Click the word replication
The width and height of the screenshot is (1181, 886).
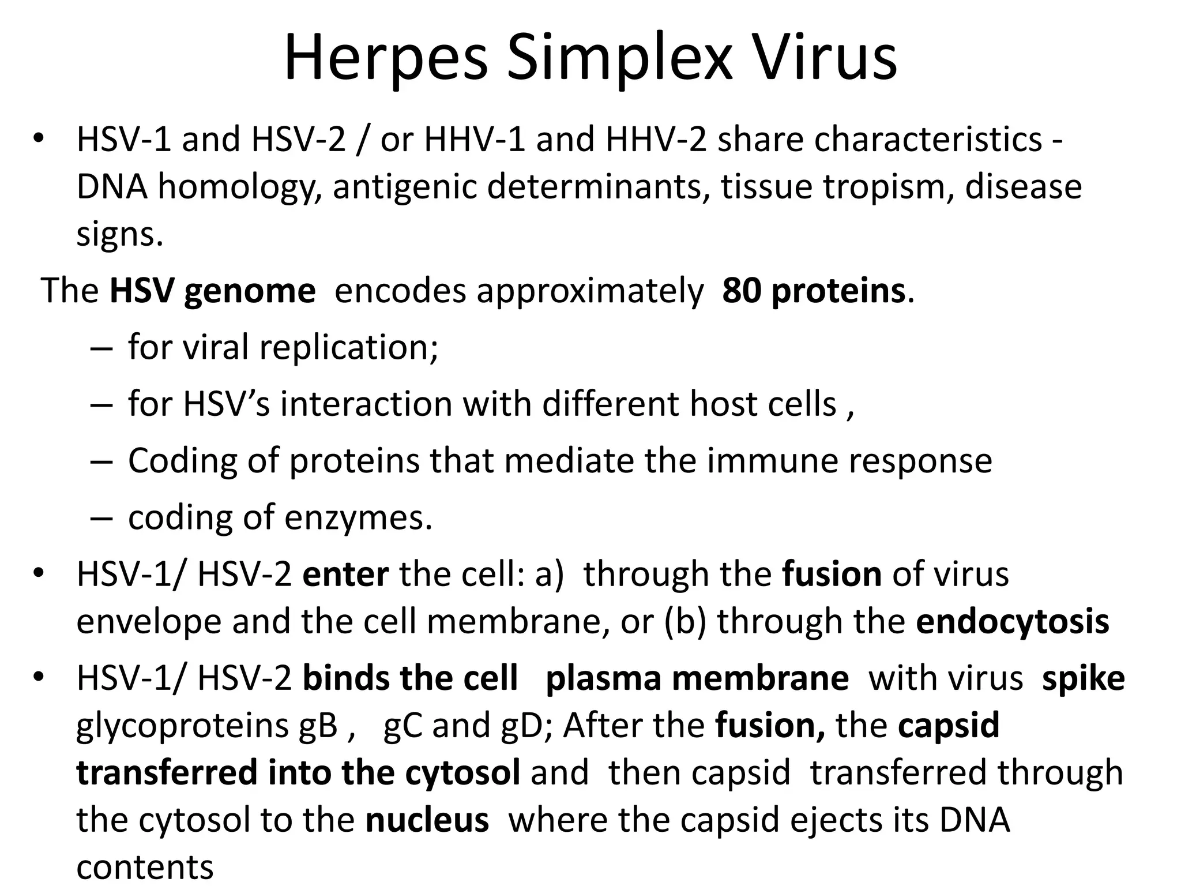[x=348, y=347]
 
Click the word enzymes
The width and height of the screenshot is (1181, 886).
[x=358, y=517]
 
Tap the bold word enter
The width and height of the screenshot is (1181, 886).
[x=345, y=574]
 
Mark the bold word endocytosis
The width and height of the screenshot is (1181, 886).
[x=1012, y=621]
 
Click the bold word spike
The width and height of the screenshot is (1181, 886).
[x=1083, y=678]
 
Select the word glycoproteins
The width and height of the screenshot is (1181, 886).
[x=206, y=725]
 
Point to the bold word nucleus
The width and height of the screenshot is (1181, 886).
[x=427, y=820]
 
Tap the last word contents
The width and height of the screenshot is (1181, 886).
[x=145, y=867]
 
